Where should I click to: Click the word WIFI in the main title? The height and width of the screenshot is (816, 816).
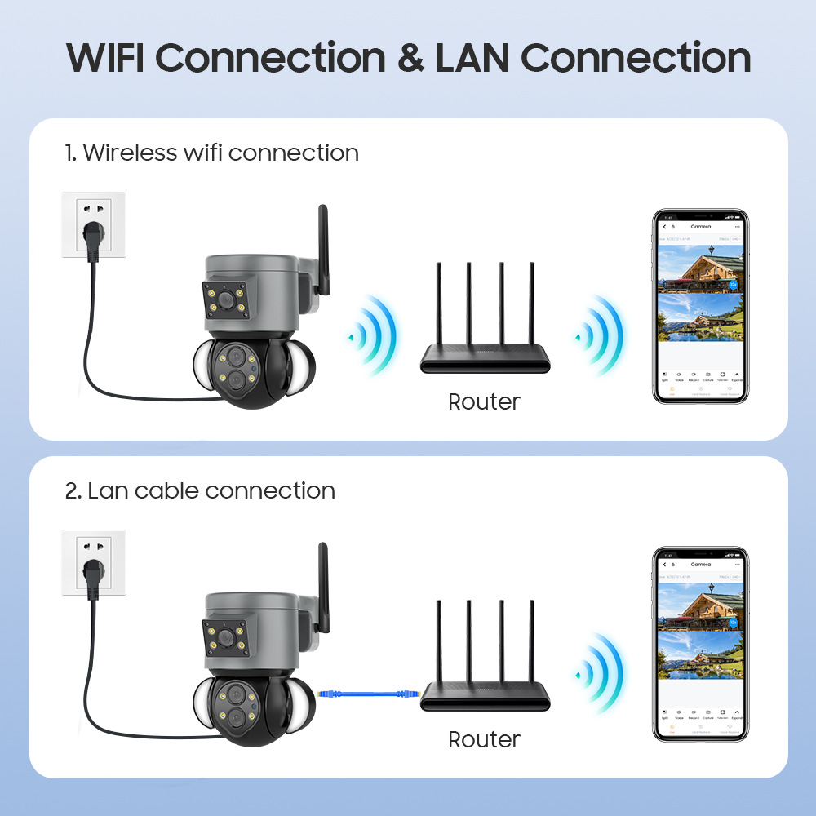tap(108, 59)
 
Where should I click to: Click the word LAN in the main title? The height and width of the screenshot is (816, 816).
tap(474, 59)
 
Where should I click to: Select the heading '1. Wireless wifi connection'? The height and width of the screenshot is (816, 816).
tap(212, 153)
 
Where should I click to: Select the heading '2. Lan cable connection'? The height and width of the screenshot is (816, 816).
tap(200, 490)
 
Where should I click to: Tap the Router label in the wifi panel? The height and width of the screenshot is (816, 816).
tap(484, 401)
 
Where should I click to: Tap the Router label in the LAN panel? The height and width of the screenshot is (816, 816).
tap(484, 739)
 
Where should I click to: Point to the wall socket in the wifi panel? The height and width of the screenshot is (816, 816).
tap(94, 224)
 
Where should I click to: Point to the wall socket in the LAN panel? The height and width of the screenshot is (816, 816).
tap(94, 562)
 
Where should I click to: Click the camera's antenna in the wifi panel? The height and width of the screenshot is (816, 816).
tap(323, 249)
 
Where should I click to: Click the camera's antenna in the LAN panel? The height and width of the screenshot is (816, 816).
tap(323, 587)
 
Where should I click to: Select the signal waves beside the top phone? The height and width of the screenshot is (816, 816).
tap(602, 335)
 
